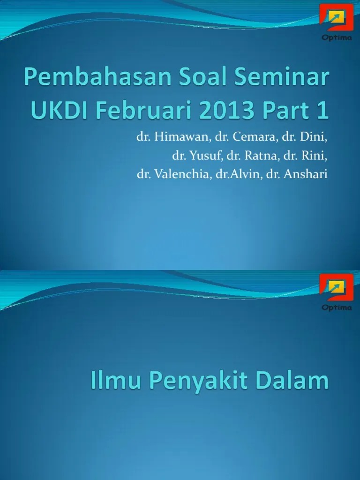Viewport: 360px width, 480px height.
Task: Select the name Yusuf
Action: click(206, 156)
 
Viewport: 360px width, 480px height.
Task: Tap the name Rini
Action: click(314, 156)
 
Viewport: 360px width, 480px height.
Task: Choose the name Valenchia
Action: click(183, 174)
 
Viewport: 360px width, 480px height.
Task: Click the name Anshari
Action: click(306, 174)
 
